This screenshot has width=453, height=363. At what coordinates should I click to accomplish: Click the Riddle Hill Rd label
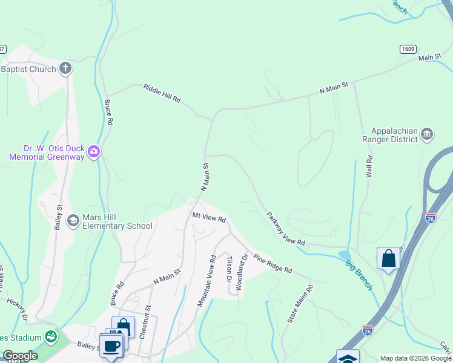tap(162, 94)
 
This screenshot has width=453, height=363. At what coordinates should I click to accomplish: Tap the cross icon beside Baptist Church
tap(65, 69)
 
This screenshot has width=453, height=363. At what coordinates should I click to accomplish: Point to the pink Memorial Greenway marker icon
tap(93, 151)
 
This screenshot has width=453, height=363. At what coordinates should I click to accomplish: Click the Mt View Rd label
tap(209, 217)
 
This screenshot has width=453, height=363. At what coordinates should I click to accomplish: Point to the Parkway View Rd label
tap(285, 229)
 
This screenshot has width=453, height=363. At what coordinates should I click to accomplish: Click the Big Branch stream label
tap(359, 275)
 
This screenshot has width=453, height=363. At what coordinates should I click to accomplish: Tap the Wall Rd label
tap(368, 165)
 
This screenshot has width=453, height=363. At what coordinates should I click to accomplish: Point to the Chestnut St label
tap(145, 321)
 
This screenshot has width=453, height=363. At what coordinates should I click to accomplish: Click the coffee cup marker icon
tap(111, 345)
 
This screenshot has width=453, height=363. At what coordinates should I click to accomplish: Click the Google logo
tap(20, 356)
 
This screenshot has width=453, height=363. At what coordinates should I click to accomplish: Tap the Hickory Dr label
tap(18, 308)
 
